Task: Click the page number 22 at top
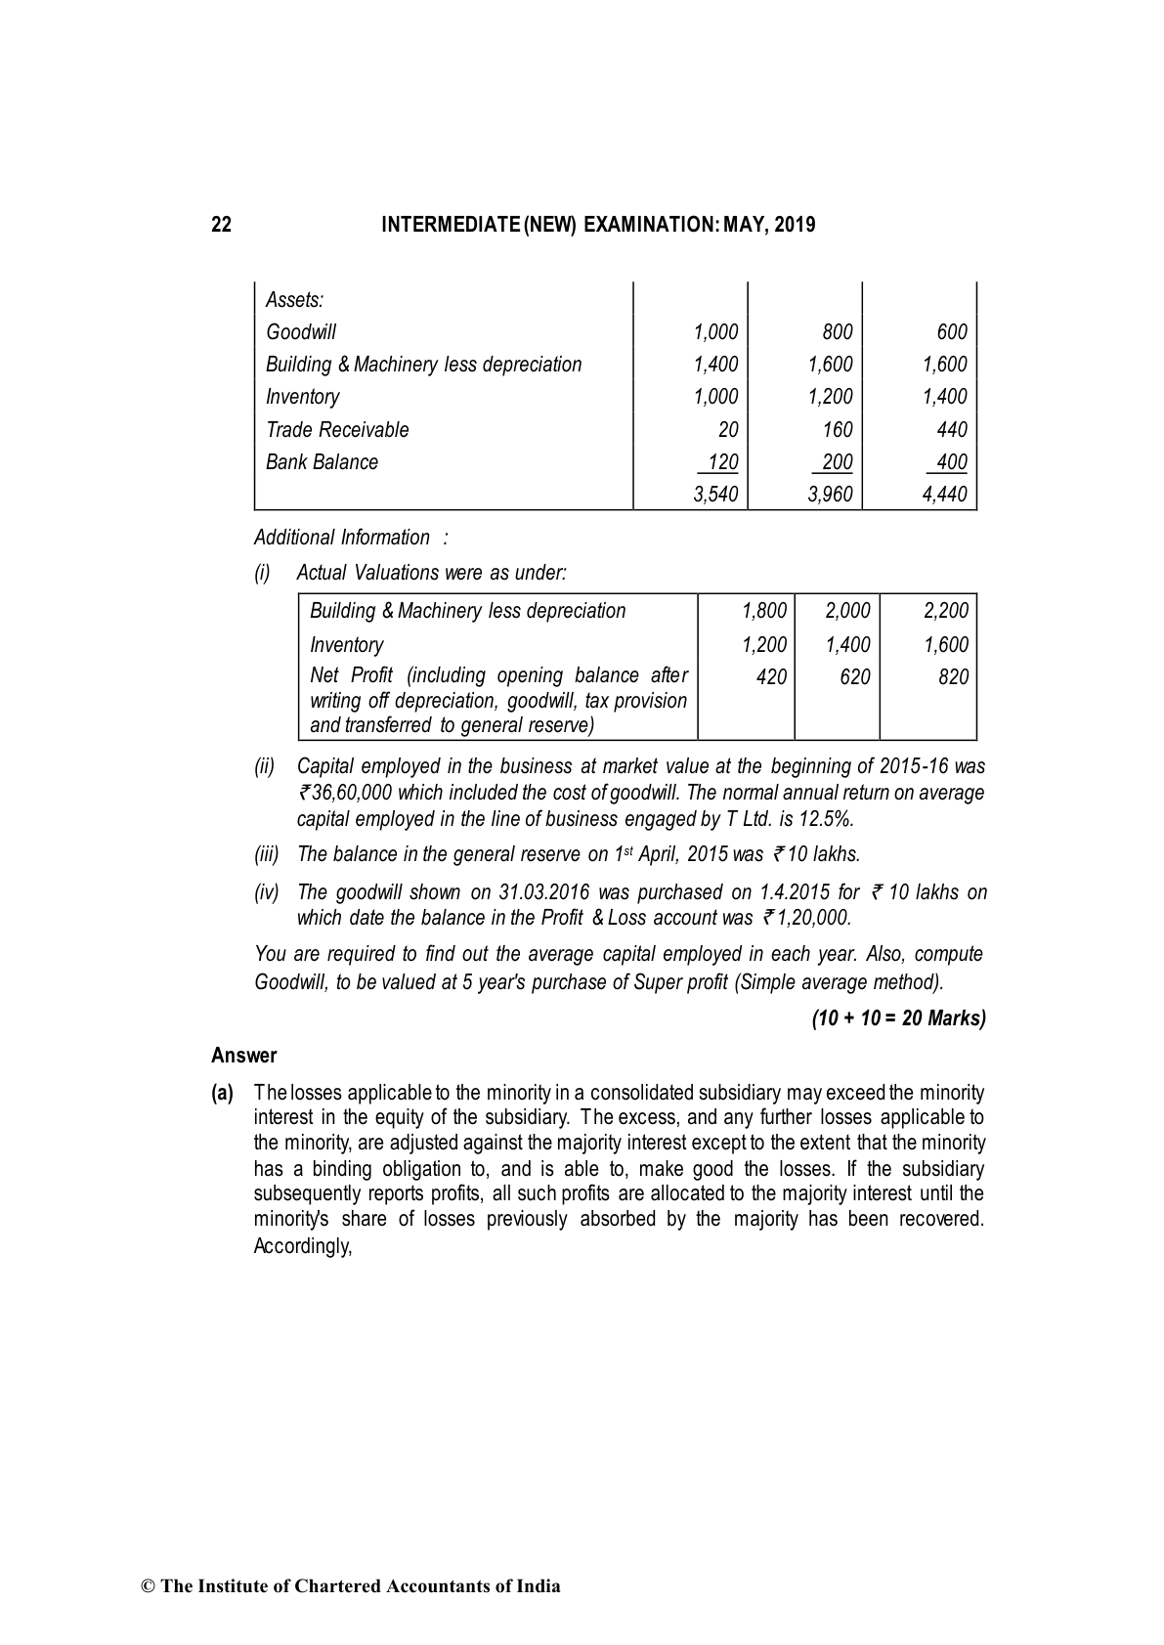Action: (x=222, y=226)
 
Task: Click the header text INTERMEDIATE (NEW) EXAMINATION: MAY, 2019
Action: (x=598, y=226)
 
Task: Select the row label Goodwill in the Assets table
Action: (x=301, y=332)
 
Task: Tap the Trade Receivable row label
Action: (x=337, y=430)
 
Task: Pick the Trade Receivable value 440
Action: (x=951, y=430)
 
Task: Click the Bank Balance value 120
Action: (x=722, y=462)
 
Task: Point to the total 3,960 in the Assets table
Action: (x=830, y=495)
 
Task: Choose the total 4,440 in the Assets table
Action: (x=944, y=495)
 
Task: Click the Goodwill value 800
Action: (x=837, y=332)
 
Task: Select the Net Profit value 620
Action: (x=854, y=677)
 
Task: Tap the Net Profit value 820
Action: (x=953, y=677)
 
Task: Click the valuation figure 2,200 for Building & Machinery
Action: (x=945, y=611)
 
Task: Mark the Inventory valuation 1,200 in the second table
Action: (x=764, y=645)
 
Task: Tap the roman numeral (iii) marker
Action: (x=267, y=854)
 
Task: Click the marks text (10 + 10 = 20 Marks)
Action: (x=898, y=1018)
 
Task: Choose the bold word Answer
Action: (x=244, y=1056)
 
